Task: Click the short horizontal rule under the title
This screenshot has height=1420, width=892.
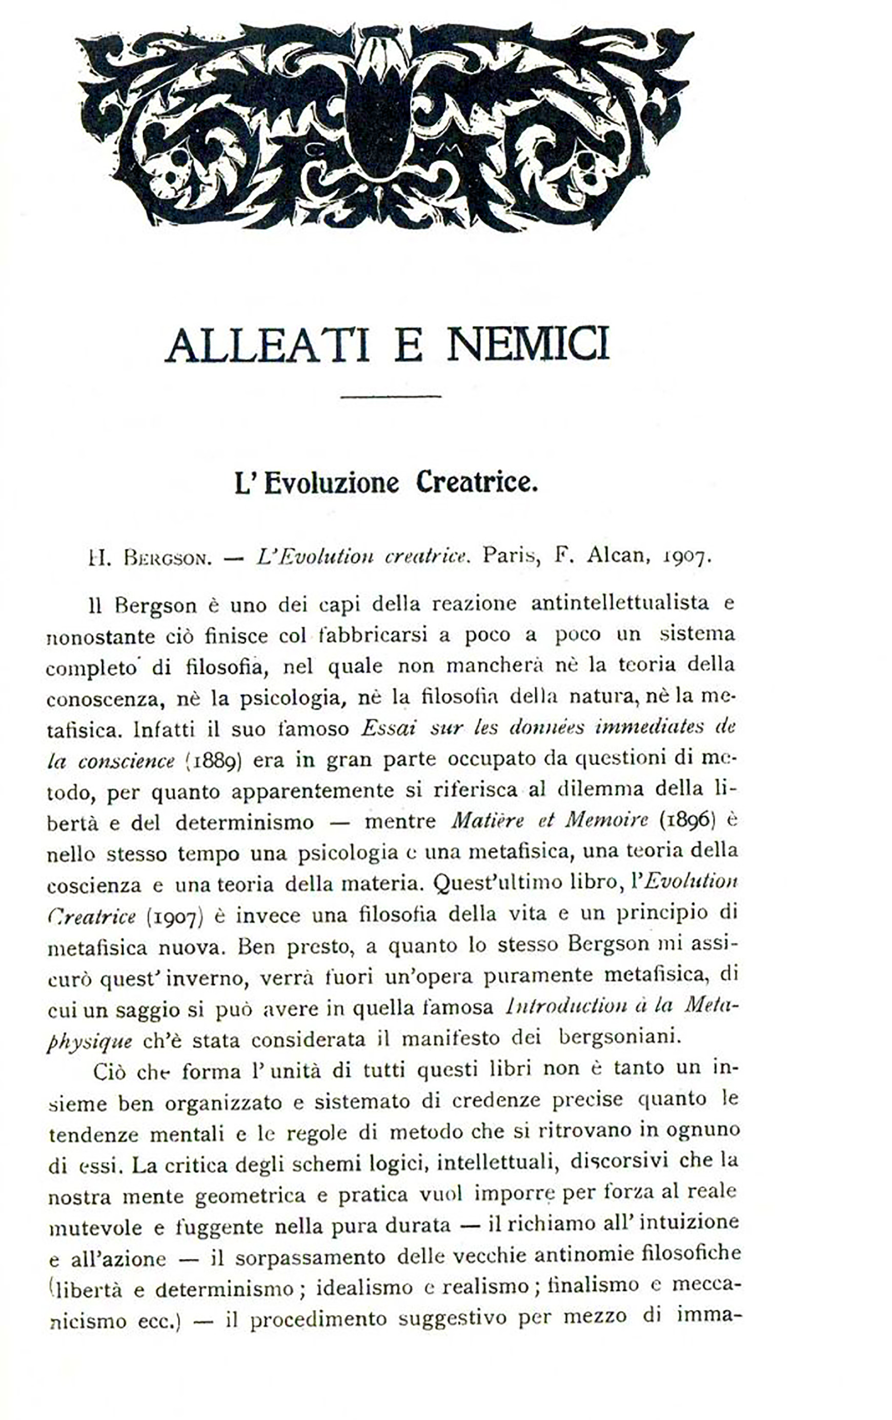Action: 390,396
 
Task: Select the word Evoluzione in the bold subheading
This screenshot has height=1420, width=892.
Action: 331,483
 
